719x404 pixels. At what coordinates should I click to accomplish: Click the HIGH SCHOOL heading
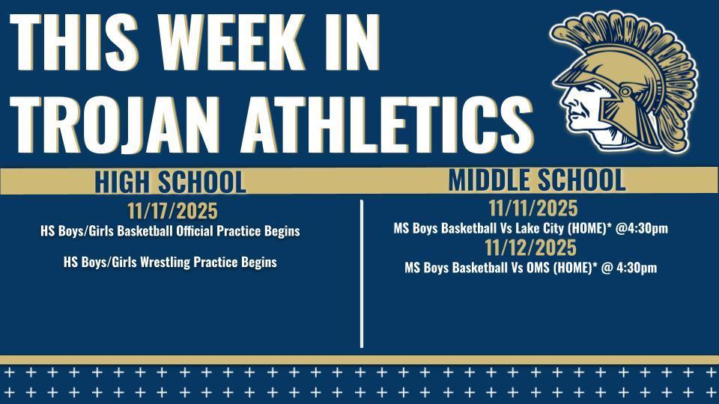(x=170, y=182)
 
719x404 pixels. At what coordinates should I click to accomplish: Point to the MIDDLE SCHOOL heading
(x=536, y=180)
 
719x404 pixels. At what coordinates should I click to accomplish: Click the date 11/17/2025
(x=172, y=212)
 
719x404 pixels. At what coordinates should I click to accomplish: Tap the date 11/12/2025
(x=530, y=248)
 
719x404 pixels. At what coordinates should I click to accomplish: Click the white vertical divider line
(x=362, y=273)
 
